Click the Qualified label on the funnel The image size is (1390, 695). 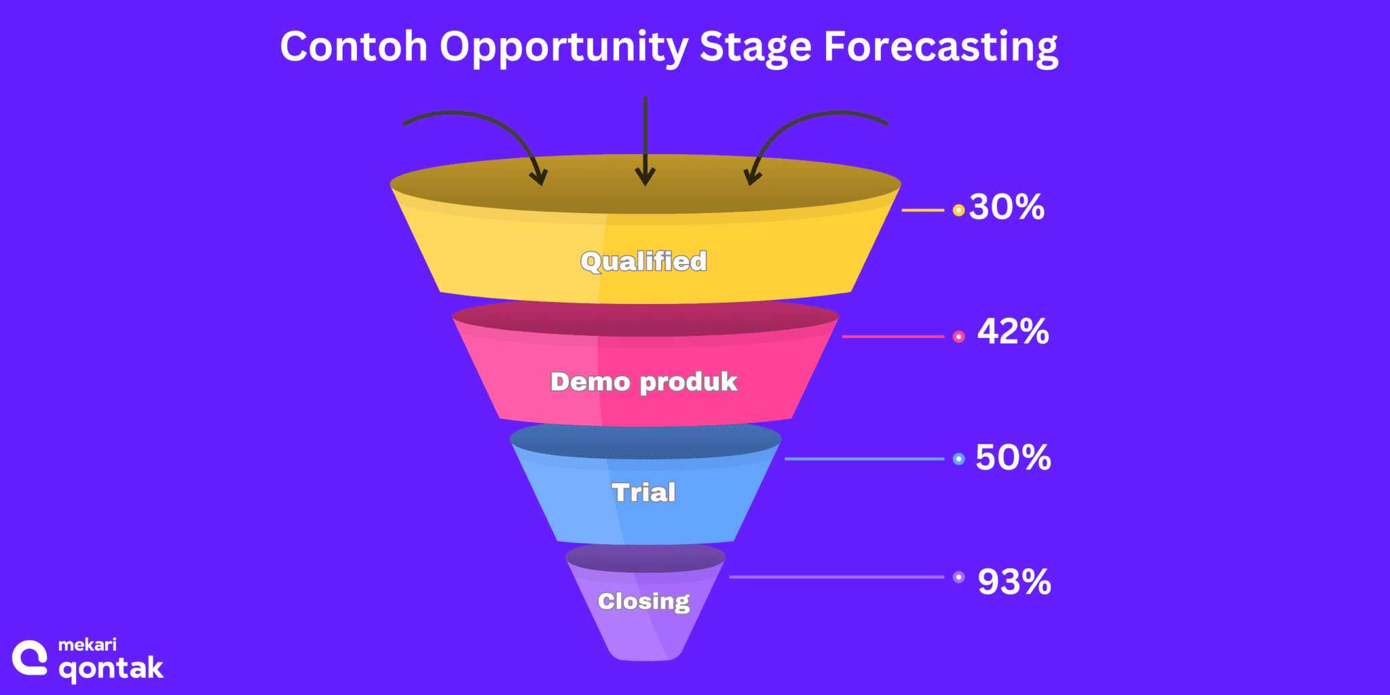tap(643, 261)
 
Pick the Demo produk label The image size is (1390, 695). tap(643, 381)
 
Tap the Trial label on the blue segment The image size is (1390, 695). tap(643, 492)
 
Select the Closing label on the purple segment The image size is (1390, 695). tap(643, 601)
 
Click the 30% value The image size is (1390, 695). tap(1007, 207)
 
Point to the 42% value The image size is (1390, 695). tap(1013, 332)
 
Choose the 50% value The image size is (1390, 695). tap(1013, 457)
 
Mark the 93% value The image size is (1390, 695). tap(1014, 582)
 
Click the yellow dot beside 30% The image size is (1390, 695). tap(958, 210)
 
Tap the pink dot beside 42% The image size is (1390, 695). tap(958, 337)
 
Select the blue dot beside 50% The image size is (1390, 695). tap(958, 459)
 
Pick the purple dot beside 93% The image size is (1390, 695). tap(958, 577)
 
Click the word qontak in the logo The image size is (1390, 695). tap(111, 669)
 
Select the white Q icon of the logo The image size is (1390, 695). tap(30, 658)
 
